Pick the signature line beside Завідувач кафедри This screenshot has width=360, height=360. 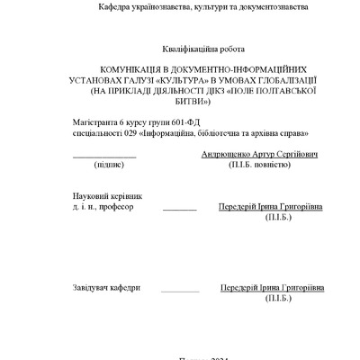(180, 291)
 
